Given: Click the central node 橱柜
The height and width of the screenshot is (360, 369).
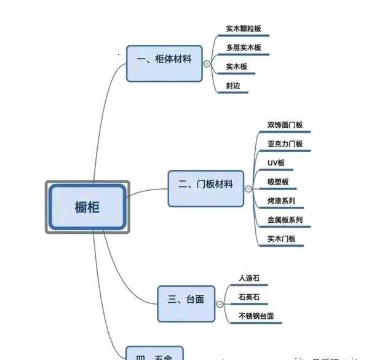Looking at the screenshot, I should click(x=87, y=207).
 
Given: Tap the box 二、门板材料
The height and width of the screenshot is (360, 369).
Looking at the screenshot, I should click(x=205, y=185).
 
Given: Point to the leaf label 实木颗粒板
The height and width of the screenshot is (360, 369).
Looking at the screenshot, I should click(x=243, y=28).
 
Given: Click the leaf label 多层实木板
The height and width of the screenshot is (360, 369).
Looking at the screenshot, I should click(x=243, y=47).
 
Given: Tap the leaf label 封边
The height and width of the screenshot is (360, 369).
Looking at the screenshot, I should click(x=232, y=86).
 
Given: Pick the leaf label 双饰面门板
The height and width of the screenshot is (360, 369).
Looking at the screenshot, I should click(x=285, y=125).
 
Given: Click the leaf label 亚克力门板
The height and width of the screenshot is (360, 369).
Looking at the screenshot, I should click(x=285, y=144).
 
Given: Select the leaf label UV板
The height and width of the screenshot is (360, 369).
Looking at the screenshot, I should click(x=276, y=163).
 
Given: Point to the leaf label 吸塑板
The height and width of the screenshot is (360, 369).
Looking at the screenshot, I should click(x=278, y=182).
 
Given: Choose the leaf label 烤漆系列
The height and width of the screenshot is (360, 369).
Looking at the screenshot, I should click(x=282, y=201).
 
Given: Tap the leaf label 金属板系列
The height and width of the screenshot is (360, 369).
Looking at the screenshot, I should click(x=285, y=220).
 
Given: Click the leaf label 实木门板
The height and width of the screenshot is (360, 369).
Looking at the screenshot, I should click(x=282, y=239).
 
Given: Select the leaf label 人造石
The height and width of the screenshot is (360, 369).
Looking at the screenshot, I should click(x=249, y=278).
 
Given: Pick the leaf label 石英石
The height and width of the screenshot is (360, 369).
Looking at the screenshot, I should click(x=249, y=297).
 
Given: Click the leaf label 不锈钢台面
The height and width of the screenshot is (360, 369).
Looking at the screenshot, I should click(x=256, y=316).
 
